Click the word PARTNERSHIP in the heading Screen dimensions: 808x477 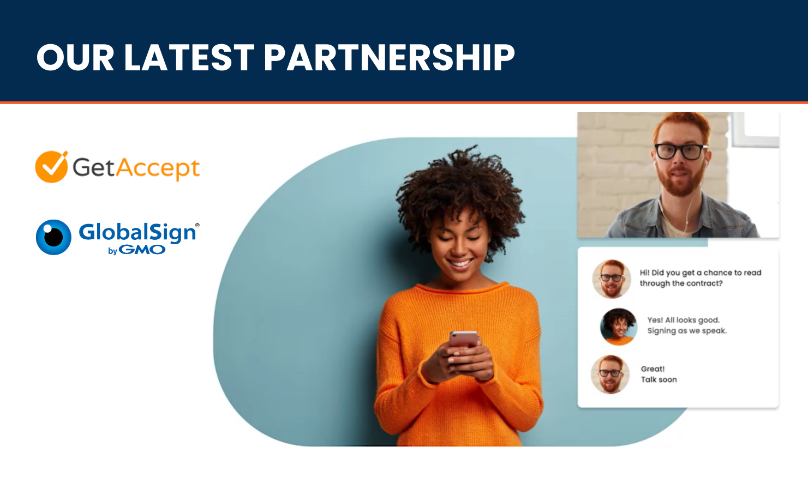[x=389, y=57]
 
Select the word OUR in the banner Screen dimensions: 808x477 [x=75, y=57]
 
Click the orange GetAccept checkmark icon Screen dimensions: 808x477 [x=52, y=167]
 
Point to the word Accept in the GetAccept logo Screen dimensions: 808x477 [x=158, y=169]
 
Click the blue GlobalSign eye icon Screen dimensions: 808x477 [x=53, y=237]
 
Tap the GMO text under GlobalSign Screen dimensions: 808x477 [x=142, y=250]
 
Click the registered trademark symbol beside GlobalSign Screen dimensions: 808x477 [x=197, y=225]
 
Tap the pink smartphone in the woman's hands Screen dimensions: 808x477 [x=464, y=339]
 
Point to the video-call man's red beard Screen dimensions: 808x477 [x=680, y=180]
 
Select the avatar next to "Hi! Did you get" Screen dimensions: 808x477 [x=612, y=279]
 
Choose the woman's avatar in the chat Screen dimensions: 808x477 [x=619, y=327]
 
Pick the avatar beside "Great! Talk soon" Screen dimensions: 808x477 [x=610, y=375]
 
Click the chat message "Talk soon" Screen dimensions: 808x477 [x=659, y=379]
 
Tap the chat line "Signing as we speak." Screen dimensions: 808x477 [x=687, y=330]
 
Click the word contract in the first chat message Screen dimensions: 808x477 [x=704, y=283]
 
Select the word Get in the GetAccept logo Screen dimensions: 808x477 [x=94, y=167]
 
